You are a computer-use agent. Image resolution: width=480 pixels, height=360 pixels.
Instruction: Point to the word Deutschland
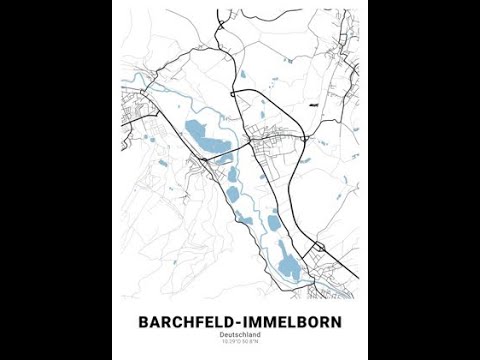[x=240, y=336]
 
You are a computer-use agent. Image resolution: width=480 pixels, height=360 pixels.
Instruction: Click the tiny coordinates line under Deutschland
[x=240, y=344]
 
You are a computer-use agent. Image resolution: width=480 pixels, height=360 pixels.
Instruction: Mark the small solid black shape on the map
[x=314, y=104]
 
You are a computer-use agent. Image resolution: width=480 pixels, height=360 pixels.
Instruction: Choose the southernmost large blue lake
[x=288, y=266]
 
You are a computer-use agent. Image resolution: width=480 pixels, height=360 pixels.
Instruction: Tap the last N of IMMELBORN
[x=335, y=322]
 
